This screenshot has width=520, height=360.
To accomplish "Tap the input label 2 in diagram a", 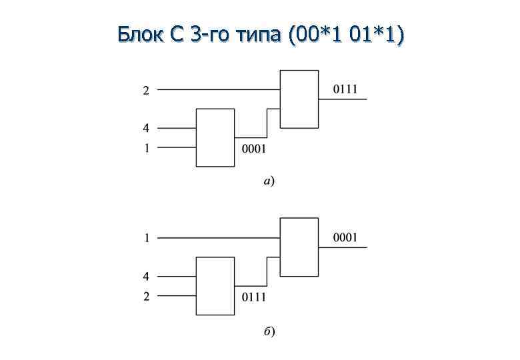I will click(146, 91).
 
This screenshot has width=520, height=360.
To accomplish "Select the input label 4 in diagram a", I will click(146, 128).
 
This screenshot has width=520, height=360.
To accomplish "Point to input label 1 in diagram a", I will click(146, 148).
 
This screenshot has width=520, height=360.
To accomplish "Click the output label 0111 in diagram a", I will click(345, 89).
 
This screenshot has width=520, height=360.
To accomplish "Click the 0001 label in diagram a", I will click(253, 148).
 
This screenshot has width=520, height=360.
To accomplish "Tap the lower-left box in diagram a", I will click(215, 137).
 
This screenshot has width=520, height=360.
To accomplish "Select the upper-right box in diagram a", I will click(299, 98).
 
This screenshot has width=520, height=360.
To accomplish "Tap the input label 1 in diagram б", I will click(146, 238).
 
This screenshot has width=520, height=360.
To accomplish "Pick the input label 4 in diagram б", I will click(146, 276).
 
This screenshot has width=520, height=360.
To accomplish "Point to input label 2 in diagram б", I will click(146, 296).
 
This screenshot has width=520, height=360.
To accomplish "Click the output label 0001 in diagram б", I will click(345, 237).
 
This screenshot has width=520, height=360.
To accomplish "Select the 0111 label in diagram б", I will click(253, 296).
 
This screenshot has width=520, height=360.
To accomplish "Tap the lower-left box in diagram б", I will click(215, 285).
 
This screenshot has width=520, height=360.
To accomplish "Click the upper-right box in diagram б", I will click(299, 246).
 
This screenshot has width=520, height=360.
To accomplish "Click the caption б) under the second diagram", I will click(269, 331).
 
